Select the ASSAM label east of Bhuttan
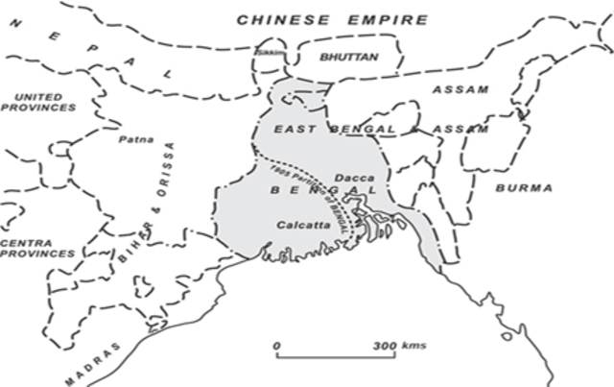coord(461,89)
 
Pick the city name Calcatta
coord(302,224)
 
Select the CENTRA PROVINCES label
coord(36,247)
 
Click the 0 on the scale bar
coord(275,345)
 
